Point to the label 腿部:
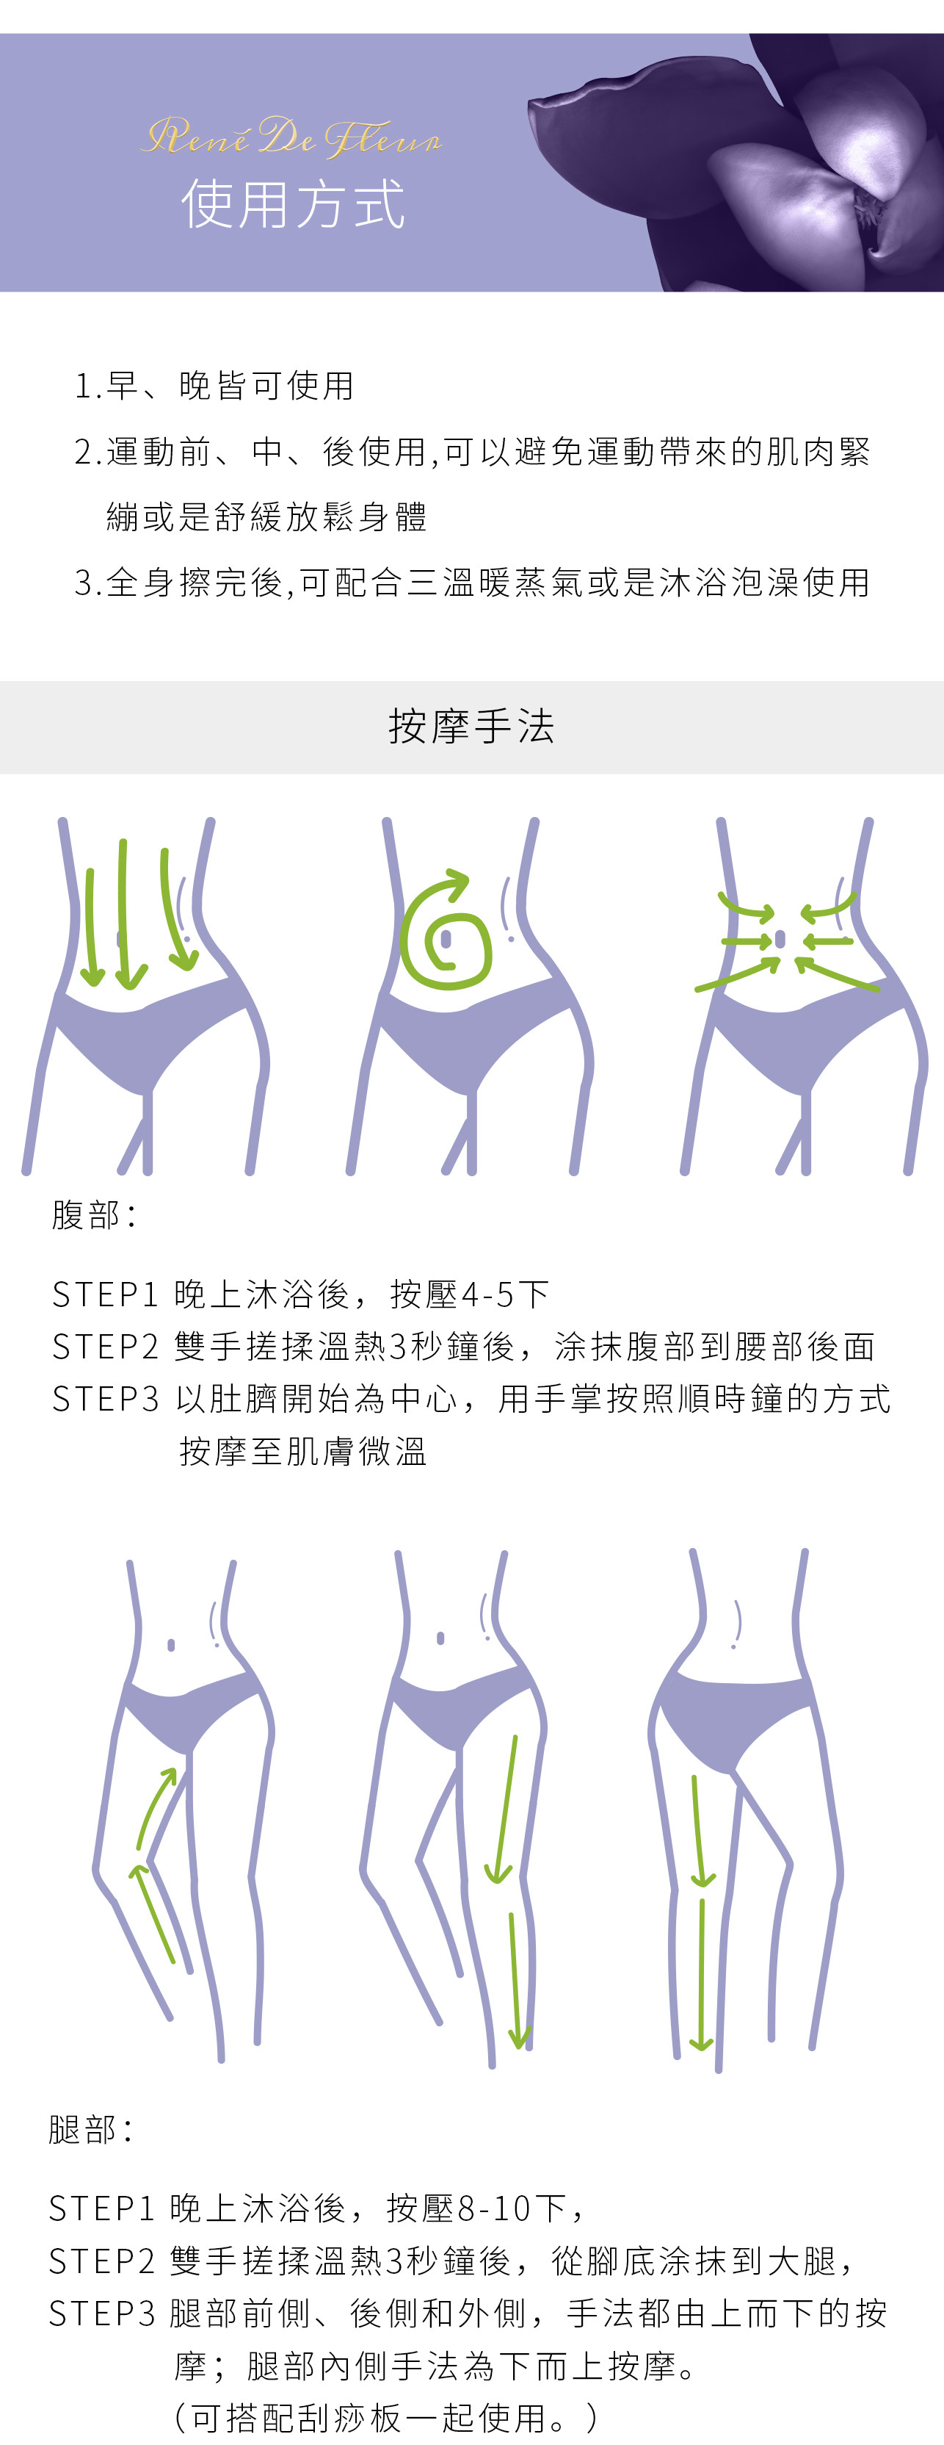90,2129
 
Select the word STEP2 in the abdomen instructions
105,1346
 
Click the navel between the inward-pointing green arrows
780,939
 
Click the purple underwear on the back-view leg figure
730,1718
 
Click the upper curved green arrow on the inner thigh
156,1808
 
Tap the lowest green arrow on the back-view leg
701,1974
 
